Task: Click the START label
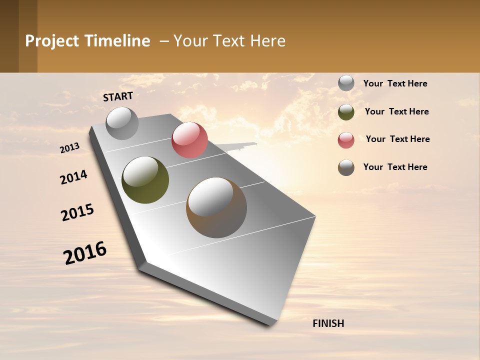pyautogui.click(x=118, y=96)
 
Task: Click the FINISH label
pyautogui.click(x=328, y=323)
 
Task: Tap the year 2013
pyautogui.click(x=70, y=148)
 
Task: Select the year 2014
pyautogui.click(x=73, y=177)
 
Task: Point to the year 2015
pyautogui.click(x=77, y=212)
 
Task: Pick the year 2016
pyautogui.click(x=85, y=253)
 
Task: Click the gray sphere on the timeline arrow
pyautogui.click(x=122, y=123)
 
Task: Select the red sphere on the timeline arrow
pyautogui.click(x=189, y=140)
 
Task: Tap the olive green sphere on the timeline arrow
pyautogui.click(x=145, y=180)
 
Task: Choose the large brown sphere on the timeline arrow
pyautogui.click(x=216, y=207)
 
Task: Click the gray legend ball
pyautogui.click(x=346, y=83)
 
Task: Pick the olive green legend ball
pyautogui.click(x=346, y=111)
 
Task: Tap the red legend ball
pyautogui.click(x=346, y=139)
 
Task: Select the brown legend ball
pyautogui.click(x=346, y=167)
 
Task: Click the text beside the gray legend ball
pyautogui.click(x=395, y=83)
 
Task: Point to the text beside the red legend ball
pyautogui.click(x=397, y=139)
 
